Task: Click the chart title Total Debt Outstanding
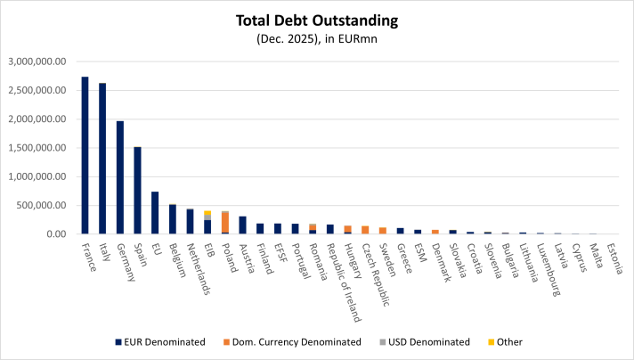[x=316, y=19]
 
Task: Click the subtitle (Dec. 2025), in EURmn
[x=316, y=38]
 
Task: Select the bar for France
[x=85, y=156]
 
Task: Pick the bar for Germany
[x=120, y=177]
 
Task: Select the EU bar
[x=155, y=213]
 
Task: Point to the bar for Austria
[x=242, y=225]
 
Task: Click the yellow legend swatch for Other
[x=491, y=341]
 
